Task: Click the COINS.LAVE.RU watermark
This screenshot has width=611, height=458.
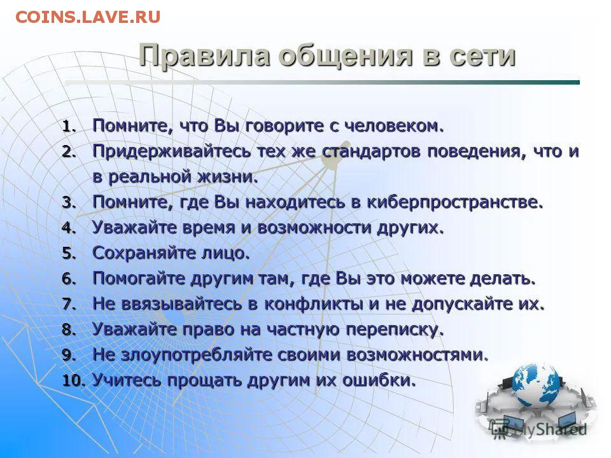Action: point(88,17)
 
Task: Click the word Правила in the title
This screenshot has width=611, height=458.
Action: point(204,56)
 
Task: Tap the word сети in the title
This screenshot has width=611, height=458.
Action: point(482,56)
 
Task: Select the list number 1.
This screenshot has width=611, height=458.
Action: point(68,127)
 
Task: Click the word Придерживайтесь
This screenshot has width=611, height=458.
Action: point(172,152)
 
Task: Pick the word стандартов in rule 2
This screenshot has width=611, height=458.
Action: point(372,151)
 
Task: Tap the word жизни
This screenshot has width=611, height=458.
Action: point(228,177)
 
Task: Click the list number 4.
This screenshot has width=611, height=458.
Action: point(69,228)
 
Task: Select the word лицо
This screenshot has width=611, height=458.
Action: point(225,254)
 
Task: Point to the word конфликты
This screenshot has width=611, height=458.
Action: point(314,304)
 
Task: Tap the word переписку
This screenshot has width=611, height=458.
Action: point(395,330)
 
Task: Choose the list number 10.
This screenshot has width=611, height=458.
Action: point(73,381)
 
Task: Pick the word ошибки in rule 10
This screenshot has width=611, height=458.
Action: point(379,380)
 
